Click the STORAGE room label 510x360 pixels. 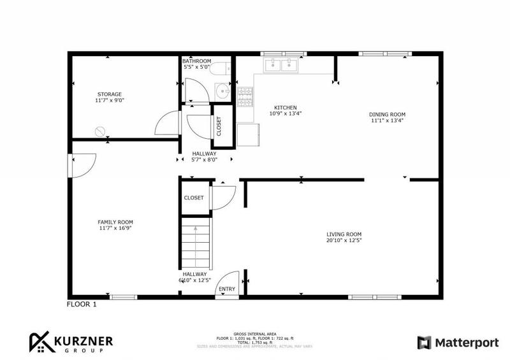coord(109,94)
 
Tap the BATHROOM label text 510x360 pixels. coord(196,61)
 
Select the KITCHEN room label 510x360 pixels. coord(285,107)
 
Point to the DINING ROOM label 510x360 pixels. coord(387,114)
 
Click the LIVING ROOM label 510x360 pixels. coord(344,234)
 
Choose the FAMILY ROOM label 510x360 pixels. coord(115,222)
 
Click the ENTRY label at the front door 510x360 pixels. coord(226,289)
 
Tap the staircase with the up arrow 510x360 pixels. coord(196,245)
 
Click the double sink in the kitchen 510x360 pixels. coord(280,64)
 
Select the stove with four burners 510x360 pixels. coord(244,96)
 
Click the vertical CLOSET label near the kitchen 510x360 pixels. coord(219,126)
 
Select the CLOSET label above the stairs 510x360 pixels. coord(194,198)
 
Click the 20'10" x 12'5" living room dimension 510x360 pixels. coord(344,240)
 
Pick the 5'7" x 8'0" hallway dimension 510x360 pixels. coord(205,160)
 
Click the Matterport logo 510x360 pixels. coord(458,343)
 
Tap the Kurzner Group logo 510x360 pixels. coord(70,342)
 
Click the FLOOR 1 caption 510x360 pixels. coord(82,305)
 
